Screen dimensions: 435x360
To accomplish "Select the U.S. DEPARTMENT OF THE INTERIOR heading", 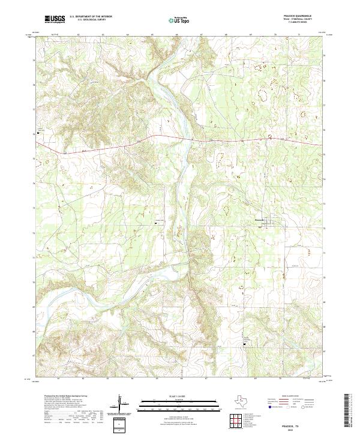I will [x=91, y=17].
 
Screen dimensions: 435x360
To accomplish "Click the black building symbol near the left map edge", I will [x=39, y=132].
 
